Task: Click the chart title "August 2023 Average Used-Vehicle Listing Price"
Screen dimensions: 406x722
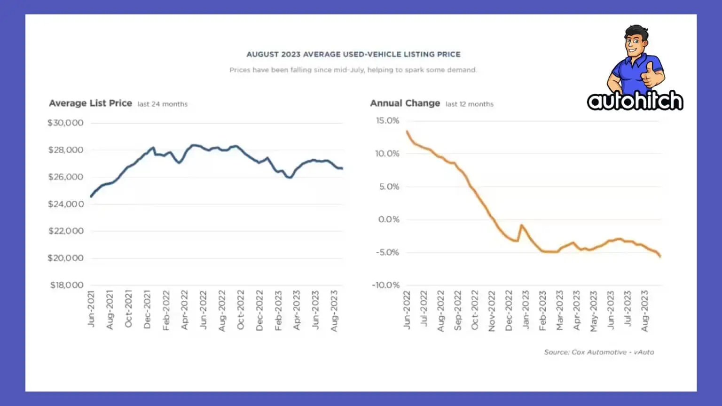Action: coord(353,55)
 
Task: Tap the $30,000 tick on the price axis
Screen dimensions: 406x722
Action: coord(65,123)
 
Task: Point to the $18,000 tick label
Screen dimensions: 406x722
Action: coord(67,285)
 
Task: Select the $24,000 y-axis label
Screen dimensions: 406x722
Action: coord(66,204)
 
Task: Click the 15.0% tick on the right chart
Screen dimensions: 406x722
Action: coord(387,121)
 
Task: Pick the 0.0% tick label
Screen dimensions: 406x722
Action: coord(389,219)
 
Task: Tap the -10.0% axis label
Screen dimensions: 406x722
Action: coord(386,285)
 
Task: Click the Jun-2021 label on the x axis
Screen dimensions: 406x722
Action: coord(91,309)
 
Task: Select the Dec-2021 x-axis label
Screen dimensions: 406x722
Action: coord(147,309)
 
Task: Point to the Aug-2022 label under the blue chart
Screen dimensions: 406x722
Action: coord(222,310)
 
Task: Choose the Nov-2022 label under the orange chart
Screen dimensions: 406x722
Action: coord(492,311)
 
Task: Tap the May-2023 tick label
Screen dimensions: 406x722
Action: coord(594,311)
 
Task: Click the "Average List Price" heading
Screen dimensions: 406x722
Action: coord(90,103)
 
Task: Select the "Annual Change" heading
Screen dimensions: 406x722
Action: coord(405,103)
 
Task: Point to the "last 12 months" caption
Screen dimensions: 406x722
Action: coord(469,104)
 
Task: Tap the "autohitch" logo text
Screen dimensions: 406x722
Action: coord(635,101)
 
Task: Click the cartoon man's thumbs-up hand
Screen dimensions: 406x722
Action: coord(650,75)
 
